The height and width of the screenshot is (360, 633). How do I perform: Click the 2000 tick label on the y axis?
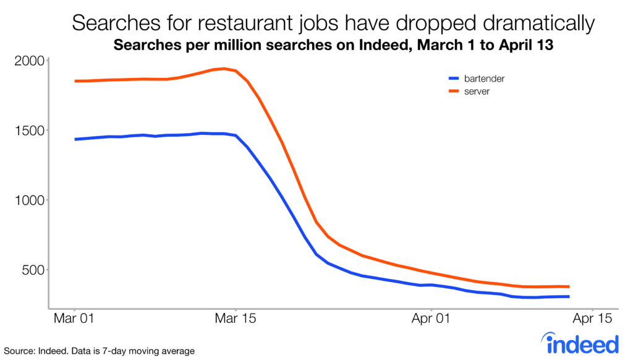27,61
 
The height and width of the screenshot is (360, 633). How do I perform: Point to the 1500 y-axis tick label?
27,131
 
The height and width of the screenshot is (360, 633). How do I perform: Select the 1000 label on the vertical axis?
27,200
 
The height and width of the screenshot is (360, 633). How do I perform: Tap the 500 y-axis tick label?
30,270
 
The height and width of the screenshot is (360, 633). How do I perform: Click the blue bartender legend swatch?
454,79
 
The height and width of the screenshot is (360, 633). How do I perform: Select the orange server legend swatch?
454,92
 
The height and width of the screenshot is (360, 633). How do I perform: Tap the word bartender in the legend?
486,79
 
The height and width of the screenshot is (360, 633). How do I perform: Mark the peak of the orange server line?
224,69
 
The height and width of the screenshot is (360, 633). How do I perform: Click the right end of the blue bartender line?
568,297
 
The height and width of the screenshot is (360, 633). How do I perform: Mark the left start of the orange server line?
75,81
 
